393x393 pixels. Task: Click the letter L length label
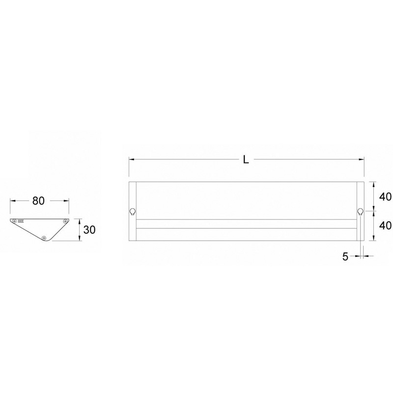click(x=246, y=159)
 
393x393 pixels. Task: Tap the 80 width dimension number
click(x=39, y=201)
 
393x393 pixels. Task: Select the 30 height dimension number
click(x=89, y=230)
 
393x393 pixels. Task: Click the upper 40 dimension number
click(x=385, y=197)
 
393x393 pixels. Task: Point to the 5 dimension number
click(x=345, y=256)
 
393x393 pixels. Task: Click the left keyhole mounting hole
click(x=133, y=212)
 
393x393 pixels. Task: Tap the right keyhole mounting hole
click(x=360, y=212)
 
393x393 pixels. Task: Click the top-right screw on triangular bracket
click(x=66, y=222)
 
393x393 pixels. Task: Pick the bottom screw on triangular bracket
click(x=45, y=238)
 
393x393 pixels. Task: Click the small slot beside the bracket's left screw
click(x=22, y=222)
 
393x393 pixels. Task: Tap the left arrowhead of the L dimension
click(x=131, y=159)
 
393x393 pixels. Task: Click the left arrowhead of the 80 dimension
click(x=12, y=201)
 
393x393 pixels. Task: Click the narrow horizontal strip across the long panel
click(x=246, y=224)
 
